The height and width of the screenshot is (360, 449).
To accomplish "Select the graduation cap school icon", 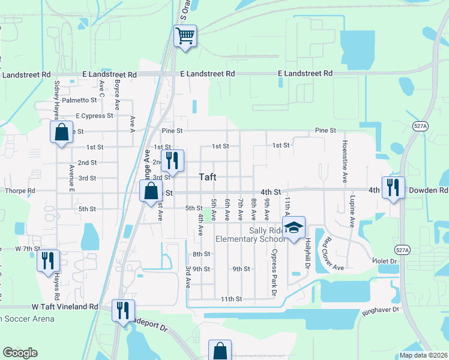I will (x=294, y=227).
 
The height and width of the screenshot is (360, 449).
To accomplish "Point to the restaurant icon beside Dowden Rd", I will (x=393, y=187).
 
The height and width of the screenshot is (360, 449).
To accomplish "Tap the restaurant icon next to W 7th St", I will (x=48, y=260).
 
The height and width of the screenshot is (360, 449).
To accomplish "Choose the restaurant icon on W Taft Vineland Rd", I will (x=124, y=310).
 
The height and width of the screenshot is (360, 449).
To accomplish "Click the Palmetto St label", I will (x=79, y=100).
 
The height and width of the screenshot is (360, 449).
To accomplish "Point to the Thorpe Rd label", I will (x=20, y=191).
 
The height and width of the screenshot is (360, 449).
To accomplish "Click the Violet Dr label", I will (x=385, y=262).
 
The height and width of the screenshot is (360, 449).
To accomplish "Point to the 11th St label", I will (x=231, y=299).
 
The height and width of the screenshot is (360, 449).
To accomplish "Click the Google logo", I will (x=20, y=352).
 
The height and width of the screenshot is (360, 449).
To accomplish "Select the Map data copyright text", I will (x=424, y=355).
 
